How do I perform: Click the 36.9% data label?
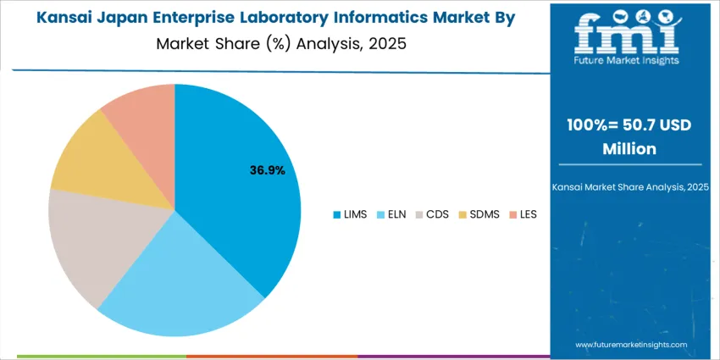(267, 170)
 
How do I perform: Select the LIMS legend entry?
(350, 214)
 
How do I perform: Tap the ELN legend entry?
(392, 214)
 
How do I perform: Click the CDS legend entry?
(432, 214)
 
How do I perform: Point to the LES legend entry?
(523, 214)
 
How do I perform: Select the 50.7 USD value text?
(652, 125)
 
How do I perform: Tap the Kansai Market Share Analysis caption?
(626, 186)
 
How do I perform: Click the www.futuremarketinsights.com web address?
(631, 345)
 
